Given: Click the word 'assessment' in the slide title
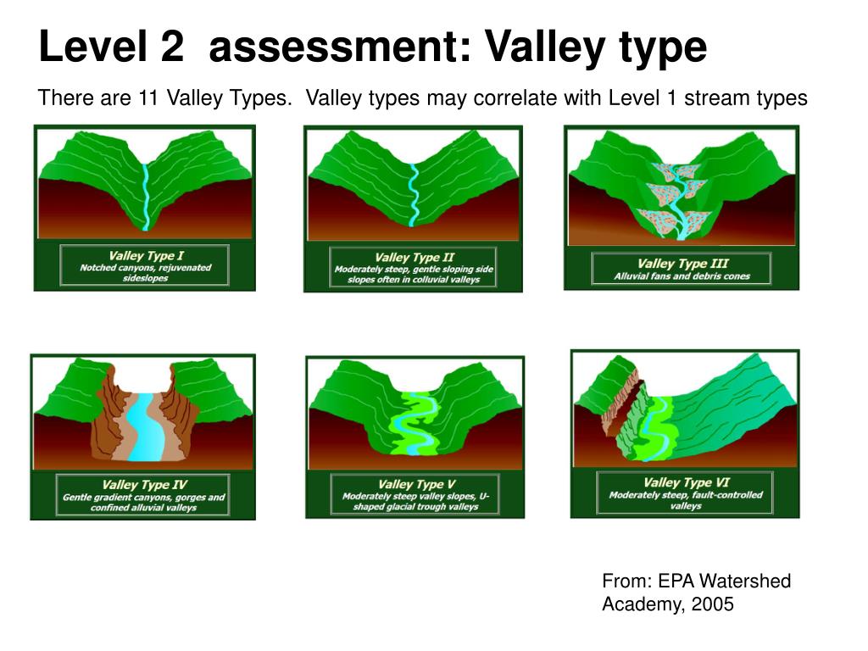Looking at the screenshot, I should (x=330, y=48).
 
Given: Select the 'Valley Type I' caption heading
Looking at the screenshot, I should (x=146, y=255).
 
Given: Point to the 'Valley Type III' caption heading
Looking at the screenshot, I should (x=682, y=263).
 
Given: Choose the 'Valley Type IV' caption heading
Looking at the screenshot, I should (x=144, y=485).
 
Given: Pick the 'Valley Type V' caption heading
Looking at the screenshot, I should (x=415, y=484).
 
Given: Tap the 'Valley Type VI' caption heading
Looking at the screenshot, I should (x=686, y=482).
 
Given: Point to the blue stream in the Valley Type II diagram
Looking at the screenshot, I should (x=414, y=195).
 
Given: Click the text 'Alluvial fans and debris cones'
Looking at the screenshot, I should (x=682, y=276).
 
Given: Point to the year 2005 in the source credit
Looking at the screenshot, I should (x=714, y=604).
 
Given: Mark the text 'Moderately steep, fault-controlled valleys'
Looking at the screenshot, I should (x=686, y=500).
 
